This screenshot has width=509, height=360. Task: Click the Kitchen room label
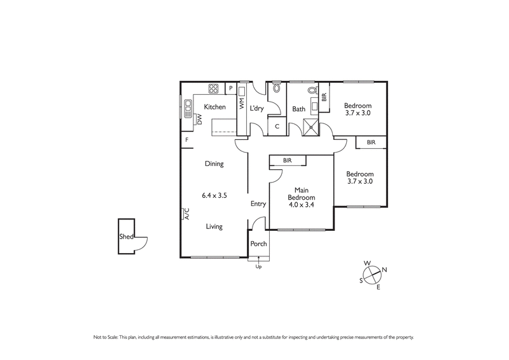click(215, 107)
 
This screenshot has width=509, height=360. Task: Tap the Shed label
click(125, 238)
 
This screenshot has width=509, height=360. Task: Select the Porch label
click(258, 244)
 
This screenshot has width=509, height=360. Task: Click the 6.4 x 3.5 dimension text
click(214, 195)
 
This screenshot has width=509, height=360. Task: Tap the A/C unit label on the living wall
click(187, 214)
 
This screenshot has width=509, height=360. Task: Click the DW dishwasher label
click(200, 118)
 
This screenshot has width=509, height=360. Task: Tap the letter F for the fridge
click(187, 140)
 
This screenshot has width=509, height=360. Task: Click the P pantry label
click(230, 88)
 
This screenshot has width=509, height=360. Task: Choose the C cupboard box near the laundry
click(277, 126)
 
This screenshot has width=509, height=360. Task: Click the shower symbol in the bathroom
click(311, 126)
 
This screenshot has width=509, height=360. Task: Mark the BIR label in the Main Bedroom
click(288, 160)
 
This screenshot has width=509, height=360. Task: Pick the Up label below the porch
click(258, 267)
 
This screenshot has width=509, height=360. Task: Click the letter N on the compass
click(384, 270)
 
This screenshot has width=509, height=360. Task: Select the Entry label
click(258, 204)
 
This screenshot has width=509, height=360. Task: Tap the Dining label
click(214, 164)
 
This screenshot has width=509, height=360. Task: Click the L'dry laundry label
click(256, 109)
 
